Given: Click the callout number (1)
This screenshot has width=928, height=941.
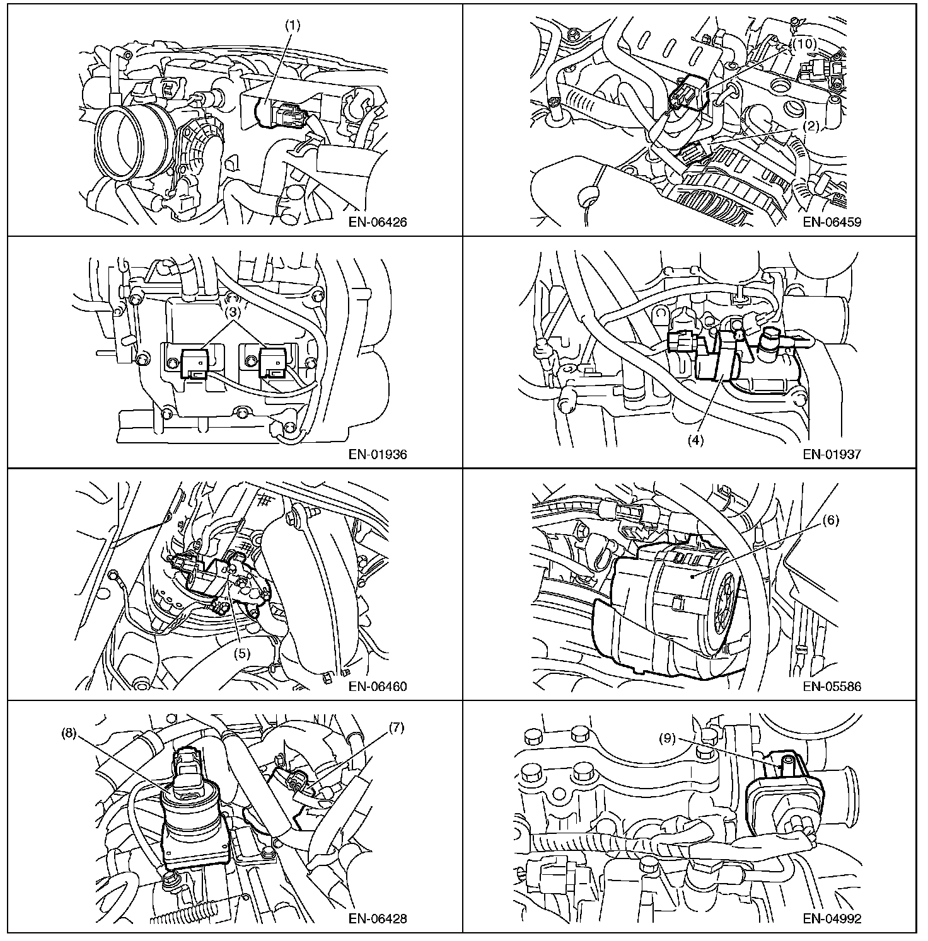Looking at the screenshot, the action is click(293, 26).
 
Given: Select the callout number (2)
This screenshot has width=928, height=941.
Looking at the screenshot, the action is click(810, 125).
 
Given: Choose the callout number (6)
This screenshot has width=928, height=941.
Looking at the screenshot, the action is click(832, 520).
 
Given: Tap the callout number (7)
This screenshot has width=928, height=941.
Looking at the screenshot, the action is click(395, 728).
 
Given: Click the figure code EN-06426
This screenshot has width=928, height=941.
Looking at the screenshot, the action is click(377, 222).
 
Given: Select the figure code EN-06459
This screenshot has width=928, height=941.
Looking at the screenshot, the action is click(832, 222).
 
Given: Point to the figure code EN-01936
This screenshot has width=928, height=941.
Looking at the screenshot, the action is click(377, 454).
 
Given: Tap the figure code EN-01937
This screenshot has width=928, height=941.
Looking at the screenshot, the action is click(832, 454).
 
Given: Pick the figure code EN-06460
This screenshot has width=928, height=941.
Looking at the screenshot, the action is click(377, 687).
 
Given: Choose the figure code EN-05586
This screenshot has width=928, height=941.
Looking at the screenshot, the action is click(832, 687).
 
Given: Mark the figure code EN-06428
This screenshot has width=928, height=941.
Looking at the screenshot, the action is click(377, 919).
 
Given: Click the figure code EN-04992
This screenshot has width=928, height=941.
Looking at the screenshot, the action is click(832, 919).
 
